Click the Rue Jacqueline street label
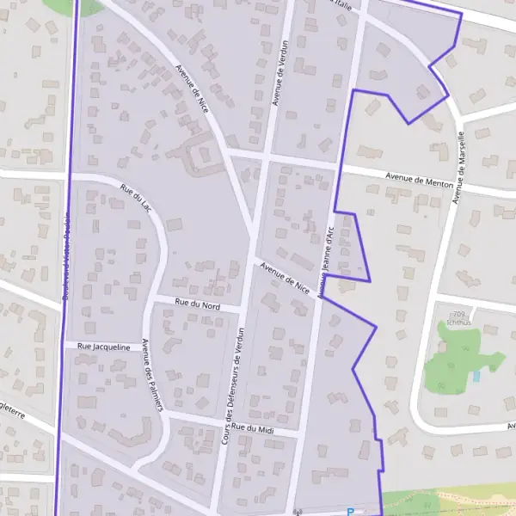[x=103, y=347]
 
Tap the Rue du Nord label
[x=197, y=304]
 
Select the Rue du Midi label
[x=255, y=428]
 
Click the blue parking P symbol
[x=350, y=512]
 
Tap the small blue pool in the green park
[x=476, y=377]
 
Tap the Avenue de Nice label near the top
[x=191, y=88]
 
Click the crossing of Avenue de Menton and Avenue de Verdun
[x=267, y=159]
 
